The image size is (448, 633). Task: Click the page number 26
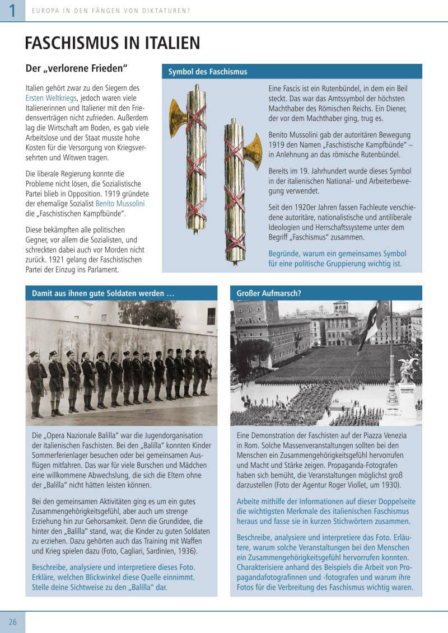(12, 622)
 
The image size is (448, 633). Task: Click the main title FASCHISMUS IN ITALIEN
(113, 43)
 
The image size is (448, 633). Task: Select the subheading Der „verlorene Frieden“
(77, 68)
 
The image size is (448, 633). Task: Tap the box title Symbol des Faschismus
(208, 72)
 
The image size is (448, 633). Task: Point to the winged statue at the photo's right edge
(412, 369)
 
